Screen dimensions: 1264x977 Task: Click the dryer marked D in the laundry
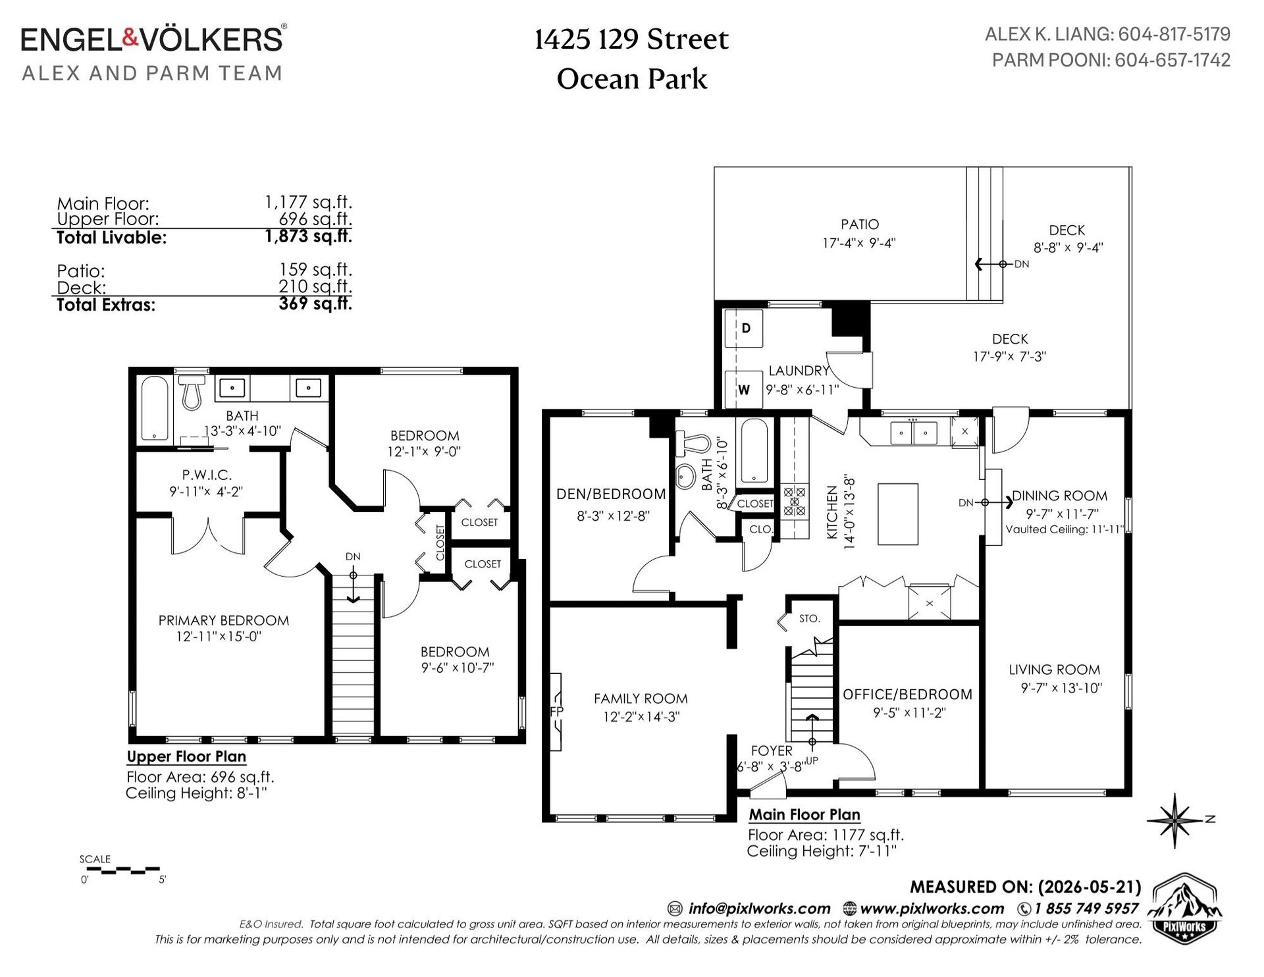(x=744, y=328)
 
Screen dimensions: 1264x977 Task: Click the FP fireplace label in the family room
(x=556, y=712)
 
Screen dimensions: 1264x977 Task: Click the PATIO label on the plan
(x=860, y=224)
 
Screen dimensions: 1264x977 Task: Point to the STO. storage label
(x=810, y=619)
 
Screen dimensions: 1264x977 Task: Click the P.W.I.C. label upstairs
(x=207, y=475)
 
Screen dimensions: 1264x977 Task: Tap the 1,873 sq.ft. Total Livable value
(x=309, y=236)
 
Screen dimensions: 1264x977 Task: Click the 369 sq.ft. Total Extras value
(x=315, y=304)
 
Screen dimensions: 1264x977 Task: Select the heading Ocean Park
(x=632, y=80)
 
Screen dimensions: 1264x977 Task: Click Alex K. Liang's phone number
(x=1174, y=34)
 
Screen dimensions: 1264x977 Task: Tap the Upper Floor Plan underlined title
(x=186, y=757)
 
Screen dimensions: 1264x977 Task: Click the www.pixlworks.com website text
(x=932, y=909)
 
